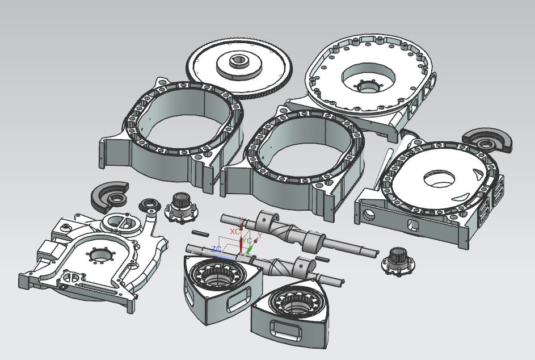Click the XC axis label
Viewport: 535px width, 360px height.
pos(235,232)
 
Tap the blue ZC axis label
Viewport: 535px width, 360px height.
pos(216,249)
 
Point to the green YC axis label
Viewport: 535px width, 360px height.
pos(247,240)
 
